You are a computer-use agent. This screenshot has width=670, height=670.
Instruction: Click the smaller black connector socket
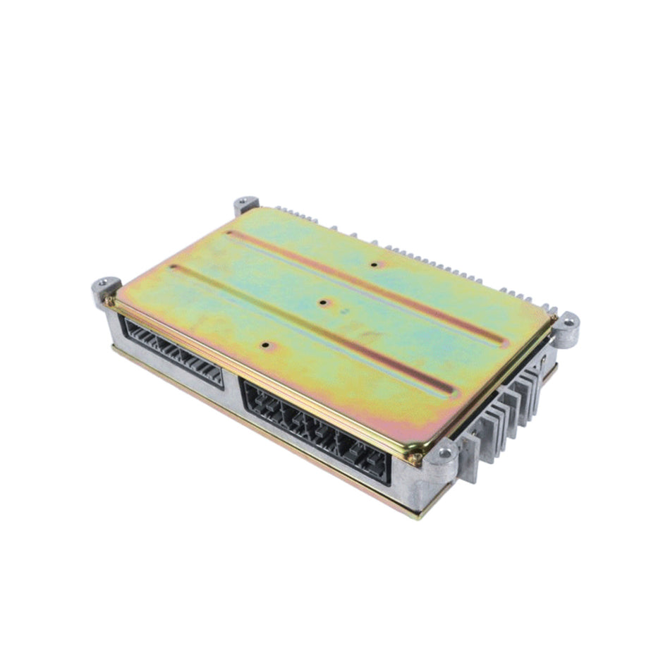pos(173,351)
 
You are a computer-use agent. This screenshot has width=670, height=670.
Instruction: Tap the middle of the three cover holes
pos(322,303)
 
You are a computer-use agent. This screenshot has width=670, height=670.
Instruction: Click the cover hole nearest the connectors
pos(265,346)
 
